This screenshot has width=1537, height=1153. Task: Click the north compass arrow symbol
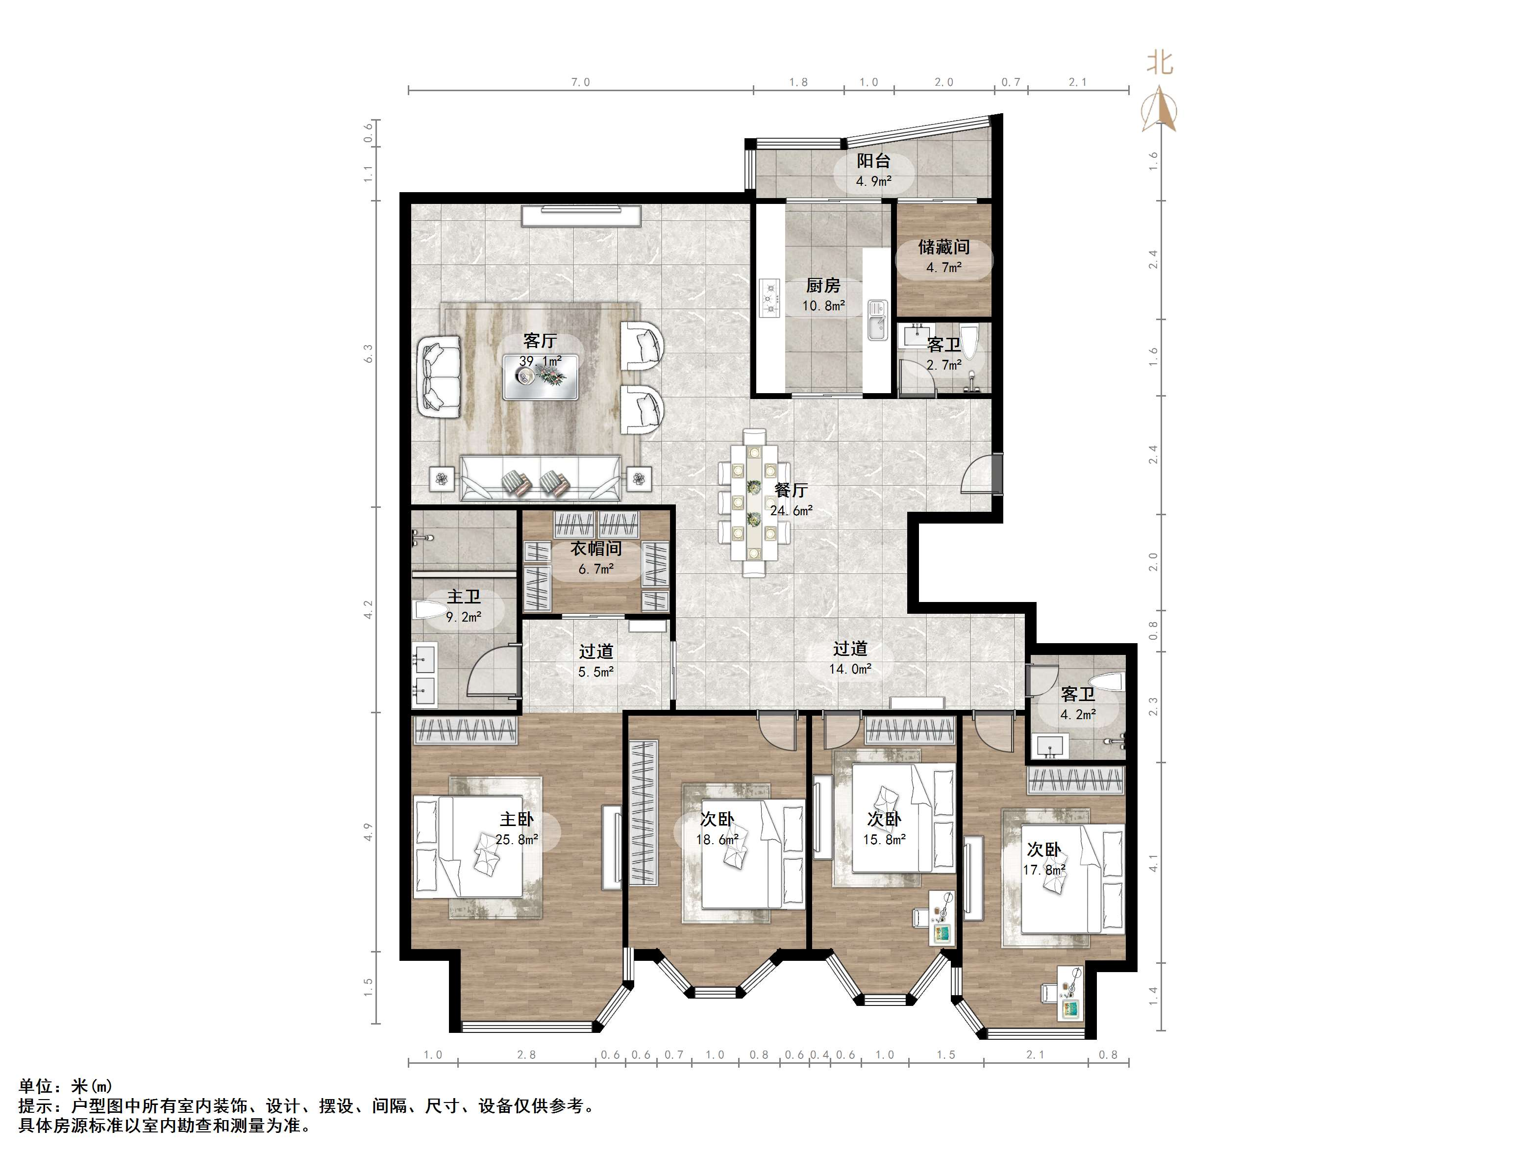tap(1159, 109)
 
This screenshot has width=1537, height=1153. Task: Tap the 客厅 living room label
tap(540, 341)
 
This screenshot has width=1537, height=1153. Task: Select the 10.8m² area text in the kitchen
tap(823, 305)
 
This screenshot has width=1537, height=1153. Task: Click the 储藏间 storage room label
tap(943, 247)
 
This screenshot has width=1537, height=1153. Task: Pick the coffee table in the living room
tap(541, 376)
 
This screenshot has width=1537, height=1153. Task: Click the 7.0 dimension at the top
tap(580, 82)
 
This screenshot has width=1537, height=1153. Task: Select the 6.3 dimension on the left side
tap(368, 353)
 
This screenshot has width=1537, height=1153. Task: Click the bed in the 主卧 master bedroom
tap(469, 847)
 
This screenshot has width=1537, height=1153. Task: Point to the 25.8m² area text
tap(517, 840)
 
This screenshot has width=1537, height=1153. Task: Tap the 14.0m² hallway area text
tap(850, 669)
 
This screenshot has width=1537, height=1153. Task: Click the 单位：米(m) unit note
tap(65, 1085)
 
